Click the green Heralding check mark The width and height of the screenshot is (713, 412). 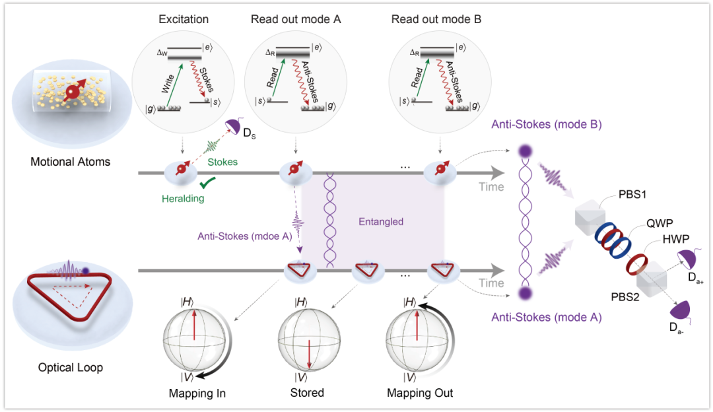pos(207,183)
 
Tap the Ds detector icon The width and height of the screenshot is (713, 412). pos(234,126)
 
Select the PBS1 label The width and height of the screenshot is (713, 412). pos(632,195)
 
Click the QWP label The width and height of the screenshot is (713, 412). pos(660,223)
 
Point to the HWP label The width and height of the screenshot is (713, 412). pos(676,239)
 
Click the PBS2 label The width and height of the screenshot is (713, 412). pos(625,297)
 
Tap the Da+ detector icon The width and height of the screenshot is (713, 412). pos(687,259)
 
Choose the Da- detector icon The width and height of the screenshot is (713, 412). pos(680,310)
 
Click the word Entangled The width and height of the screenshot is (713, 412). pos(381,222)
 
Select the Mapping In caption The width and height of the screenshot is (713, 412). pos(197,394)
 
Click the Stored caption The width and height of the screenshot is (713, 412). pos(308,393)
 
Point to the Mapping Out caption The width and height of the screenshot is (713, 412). pos(420,394)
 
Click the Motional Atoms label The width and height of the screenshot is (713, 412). pos(71,162)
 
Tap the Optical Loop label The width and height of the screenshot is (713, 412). pos(71,368)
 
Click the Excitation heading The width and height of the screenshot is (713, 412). pos(184,19)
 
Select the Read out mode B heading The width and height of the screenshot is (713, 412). pos(436,19)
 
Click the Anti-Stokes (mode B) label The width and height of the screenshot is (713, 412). pos(547,125)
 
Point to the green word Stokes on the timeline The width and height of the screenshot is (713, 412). pos(222,162)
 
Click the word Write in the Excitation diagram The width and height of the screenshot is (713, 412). pos(168,84)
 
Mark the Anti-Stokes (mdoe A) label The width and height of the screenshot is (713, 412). pos(245,236)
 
